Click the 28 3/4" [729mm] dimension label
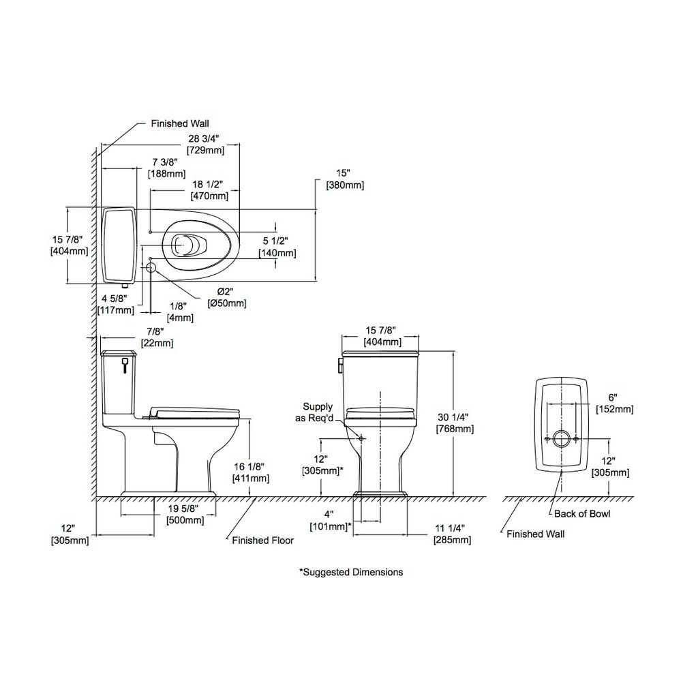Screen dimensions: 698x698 [205, 145]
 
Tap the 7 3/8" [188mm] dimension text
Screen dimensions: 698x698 [166, 168]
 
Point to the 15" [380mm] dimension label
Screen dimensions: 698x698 [344, 179]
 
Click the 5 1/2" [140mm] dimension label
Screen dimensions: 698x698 [277, 247]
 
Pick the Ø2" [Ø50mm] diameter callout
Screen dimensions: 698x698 [226, 297]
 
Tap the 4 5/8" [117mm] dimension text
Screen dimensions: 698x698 [115, 304]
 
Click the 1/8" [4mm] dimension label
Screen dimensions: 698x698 [180, 312]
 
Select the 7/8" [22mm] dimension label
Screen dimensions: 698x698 [157, 337]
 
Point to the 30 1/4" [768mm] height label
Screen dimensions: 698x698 [455, 423]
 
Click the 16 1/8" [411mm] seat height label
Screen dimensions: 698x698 [251, 472]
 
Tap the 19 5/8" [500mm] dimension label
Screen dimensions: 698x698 [185, 514]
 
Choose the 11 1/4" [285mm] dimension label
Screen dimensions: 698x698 [453, 534]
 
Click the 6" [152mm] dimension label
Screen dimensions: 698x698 [614, 403]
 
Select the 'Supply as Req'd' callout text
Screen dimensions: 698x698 [315, 412]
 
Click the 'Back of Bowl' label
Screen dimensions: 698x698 [582, 514]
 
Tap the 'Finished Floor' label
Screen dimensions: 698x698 [262, 541]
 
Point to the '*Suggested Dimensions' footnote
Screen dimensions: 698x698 [351, 572]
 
